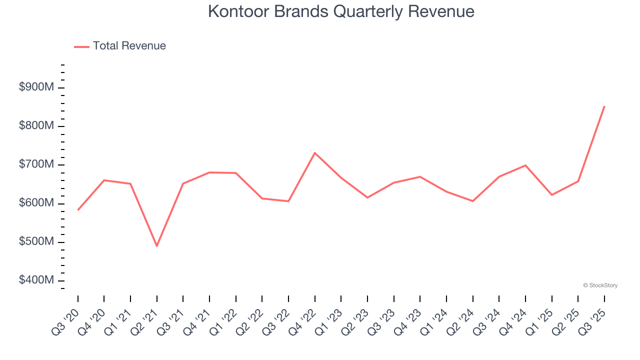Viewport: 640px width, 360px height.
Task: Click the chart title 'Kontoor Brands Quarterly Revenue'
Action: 341,11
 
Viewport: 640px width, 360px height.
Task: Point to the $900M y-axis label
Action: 36,87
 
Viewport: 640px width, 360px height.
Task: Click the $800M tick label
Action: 36,126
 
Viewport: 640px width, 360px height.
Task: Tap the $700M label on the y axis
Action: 36,164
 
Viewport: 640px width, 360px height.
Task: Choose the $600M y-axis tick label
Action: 36,203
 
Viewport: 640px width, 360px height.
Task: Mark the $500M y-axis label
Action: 36,242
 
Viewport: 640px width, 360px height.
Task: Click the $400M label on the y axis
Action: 36,280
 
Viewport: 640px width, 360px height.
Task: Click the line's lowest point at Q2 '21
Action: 157,246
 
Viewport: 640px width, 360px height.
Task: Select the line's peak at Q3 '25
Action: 604,106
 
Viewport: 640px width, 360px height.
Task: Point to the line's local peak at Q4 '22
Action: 315,153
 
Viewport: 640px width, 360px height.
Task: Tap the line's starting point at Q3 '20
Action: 78,210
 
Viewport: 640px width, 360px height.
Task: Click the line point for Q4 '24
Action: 525,165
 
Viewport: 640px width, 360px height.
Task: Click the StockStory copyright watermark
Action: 600,285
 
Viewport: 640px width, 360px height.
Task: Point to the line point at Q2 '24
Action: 472,201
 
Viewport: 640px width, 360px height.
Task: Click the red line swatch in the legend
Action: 81,46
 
